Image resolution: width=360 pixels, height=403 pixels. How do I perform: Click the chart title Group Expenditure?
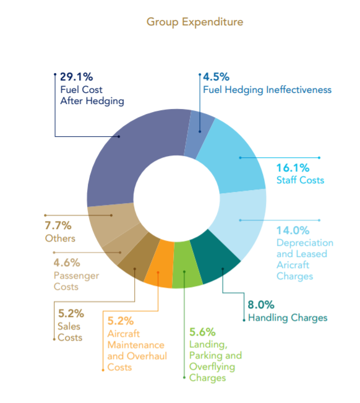[x=195, y=22]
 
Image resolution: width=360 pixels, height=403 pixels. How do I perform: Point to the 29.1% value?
[x=77, y=77]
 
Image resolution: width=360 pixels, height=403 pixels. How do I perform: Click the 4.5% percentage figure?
[x=216, y=77]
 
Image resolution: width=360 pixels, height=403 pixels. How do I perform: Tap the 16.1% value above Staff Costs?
[x=293, y=168]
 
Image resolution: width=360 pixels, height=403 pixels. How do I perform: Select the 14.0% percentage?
[x=293, y=230]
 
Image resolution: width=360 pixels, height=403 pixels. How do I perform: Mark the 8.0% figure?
[x=261, y=305]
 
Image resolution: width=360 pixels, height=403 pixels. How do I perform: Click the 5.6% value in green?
[x=202, y=332]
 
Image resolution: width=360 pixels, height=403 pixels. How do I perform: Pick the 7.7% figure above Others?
[x=58, y=226]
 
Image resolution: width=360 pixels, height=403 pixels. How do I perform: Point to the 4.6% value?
[x=67, y=263]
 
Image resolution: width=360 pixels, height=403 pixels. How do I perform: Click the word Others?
[x=60, y=238]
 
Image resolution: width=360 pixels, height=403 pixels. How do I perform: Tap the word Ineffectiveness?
[x=299, y=90]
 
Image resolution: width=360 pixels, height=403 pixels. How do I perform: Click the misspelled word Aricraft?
[x=293, y=265]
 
